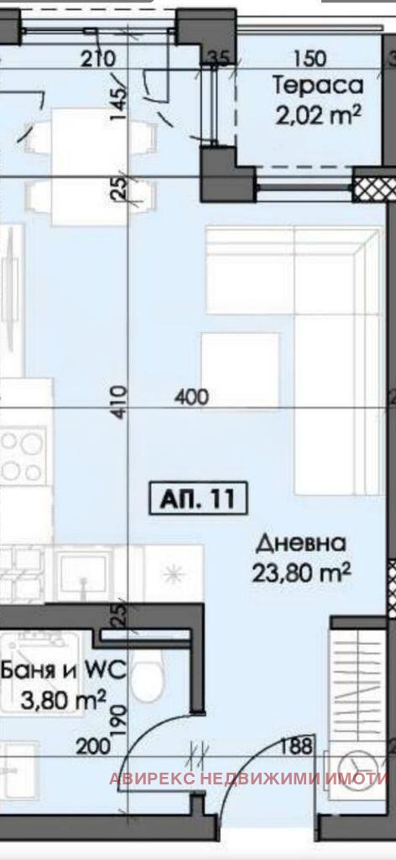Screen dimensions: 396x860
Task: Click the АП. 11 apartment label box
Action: (x=198, y=499)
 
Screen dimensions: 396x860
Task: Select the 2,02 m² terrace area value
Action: (x=318, y=115)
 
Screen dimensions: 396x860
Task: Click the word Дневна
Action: (x=301, y=543)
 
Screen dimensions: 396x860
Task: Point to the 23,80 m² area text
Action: (x=301, y=573)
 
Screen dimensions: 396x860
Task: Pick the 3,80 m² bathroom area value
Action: (x=64, y=700)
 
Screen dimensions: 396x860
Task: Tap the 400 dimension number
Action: (x=191, y=396)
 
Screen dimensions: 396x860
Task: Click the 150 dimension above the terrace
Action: (x=310, y=58)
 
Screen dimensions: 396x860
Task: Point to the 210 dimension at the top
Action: (x=98, y=58)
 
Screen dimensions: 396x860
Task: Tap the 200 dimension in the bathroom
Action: (x=94, y=747)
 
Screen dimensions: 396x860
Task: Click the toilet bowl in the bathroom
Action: (x=148, y=679)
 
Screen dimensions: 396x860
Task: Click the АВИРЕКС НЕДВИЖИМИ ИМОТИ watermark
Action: (x=249, y=779)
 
